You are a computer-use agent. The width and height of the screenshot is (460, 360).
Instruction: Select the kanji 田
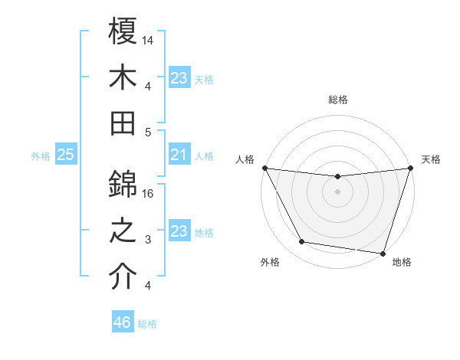123,122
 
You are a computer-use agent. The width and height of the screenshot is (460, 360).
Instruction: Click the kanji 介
123,277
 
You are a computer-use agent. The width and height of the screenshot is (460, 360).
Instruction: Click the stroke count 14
149,39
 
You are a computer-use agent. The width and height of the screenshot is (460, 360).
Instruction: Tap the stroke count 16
149,194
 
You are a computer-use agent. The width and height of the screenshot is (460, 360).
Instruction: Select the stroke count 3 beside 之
149,241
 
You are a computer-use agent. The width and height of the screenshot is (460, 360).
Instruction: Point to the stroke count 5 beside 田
149,132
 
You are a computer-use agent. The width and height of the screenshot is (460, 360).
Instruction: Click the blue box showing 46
123,322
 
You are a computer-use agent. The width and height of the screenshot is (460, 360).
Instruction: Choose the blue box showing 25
66,155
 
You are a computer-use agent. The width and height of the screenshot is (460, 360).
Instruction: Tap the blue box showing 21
179,155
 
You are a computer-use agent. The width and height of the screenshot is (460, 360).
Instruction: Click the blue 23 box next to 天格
179,78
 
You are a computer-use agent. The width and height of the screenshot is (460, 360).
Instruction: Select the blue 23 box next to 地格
179,232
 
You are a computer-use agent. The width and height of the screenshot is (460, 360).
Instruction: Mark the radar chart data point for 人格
264,168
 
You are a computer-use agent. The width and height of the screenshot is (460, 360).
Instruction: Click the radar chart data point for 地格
383,253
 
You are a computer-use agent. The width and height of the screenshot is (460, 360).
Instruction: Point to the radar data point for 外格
301,242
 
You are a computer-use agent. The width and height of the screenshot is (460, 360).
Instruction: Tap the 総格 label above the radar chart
338,100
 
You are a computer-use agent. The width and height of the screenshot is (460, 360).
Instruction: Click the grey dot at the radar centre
337,191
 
